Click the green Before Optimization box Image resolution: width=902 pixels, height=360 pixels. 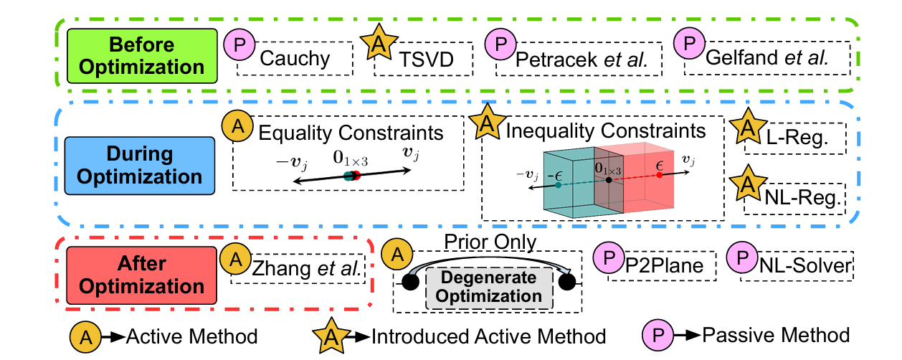[x=141, y=55]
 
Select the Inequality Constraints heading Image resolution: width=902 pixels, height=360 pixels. [x=605, y=131]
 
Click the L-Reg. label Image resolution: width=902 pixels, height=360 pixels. [x=793, y=136]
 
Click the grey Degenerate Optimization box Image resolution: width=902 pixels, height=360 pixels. [x=490, y=288]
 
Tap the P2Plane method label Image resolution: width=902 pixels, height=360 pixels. [x=663, y=267]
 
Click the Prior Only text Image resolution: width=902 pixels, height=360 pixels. [x=490, y=242]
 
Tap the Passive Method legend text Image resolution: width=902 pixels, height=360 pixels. [x=776, y=334]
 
